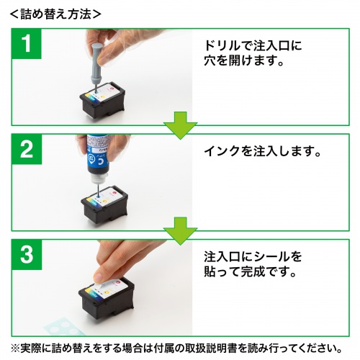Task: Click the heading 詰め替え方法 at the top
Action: coord(54,13)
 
